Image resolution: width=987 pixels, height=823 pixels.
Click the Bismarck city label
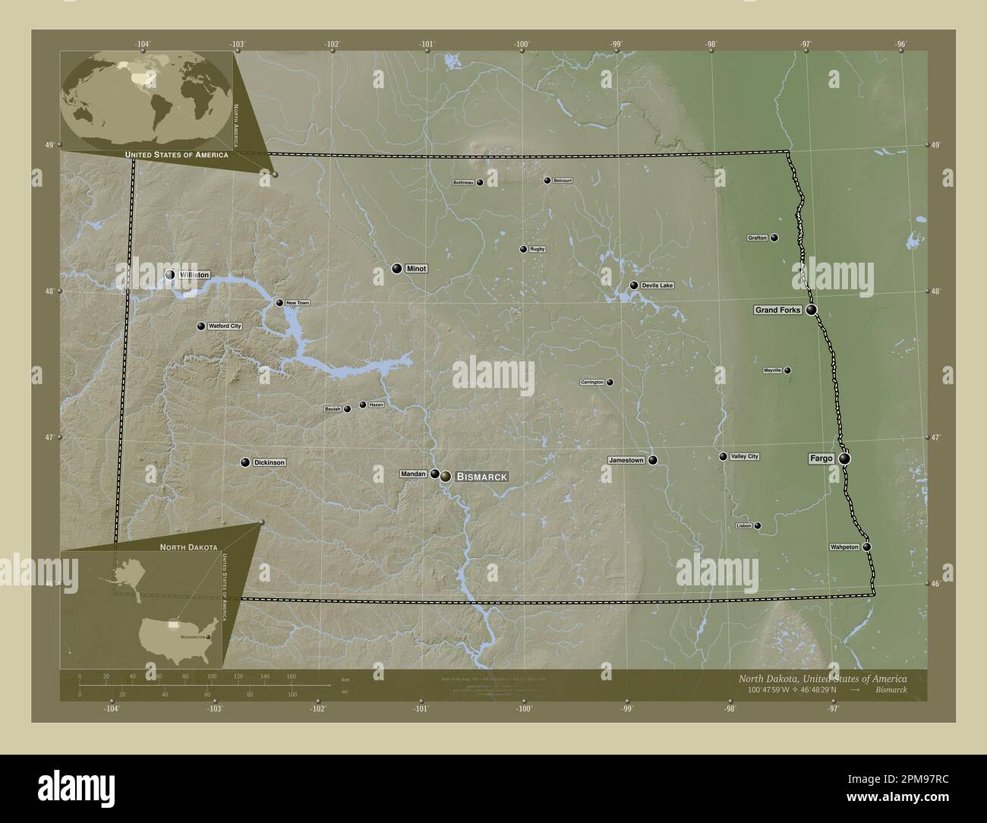click(481, 476)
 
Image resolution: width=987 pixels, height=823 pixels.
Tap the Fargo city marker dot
click(844, 459)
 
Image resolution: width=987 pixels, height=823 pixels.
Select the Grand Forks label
click(777, 311)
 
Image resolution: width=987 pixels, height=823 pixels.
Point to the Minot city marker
click(396, 268)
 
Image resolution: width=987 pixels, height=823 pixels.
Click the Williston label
click(194, 275)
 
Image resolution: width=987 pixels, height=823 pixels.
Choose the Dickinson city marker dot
click(245, 462)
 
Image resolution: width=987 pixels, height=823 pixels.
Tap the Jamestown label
click(626, 460)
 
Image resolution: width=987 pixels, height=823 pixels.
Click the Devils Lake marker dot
click(634, 285)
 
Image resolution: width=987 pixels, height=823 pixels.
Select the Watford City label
click(225, 326)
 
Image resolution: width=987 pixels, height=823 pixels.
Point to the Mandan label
click(414, 474)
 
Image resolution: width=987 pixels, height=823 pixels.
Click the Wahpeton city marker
click(866, 547)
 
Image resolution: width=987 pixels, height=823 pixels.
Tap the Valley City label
click(744, 456)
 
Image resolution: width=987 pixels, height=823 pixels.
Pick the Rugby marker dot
click(523, 249)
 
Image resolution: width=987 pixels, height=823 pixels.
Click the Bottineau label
click(463, 183)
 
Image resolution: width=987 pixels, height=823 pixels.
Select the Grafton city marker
click(774, 238)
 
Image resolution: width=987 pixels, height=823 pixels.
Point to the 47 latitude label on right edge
click(935, 438)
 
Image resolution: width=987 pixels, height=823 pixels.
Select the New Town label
click(298, 303)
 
